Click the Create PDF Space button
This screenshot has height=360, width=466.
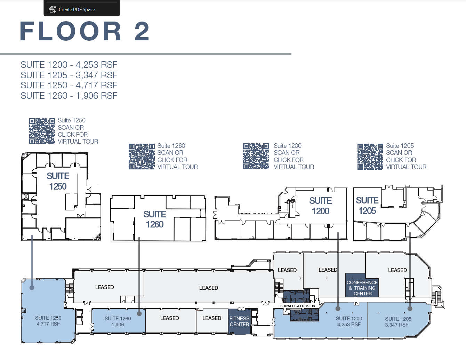(81, 9)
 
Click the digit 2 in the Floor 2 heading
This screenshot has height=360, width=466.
(142, 31)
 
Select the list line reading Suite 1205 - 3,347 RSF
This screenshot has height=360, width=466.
(69, 75)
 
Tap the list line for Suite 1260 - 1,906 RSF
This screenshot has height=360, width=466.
(69, 96)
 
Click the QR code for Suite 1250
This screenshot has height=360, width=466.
(42, 131)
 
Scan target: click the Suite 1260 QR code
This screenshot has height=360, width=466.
(142, 156)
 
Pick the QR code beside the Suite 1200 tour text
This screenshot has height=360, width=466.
(256, 156)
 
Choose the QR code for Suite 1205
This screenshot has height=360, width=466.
(370, 156)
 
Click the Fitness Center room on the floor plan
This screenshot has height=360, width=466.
(239, 321)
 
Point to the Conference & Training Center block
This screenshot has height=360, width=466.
(362, 285)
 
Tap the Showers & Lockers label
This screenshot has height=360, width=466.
(297, 306)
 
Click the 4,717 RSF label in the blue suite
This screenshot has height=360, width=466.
(48, 324)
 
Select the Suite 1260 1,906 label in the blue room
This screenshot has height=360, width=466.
(118, 321)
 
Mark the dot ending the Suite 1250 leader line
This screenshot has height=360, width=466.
(32, 288)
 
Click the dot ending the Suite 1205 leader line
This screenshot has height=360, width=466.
(410, 309)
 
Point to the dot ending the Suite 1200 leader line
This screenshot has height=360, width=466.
(338, 309)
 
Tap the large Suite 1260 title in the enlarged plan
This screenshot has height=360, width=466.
(155, 219)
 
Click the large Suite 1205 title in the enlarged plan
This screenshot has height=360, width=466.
(367, 206)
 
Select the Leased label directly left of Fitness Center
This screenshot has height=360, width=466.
(212, 318)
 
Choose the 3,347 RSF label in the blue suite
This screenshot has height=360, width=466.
(396, 325)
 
